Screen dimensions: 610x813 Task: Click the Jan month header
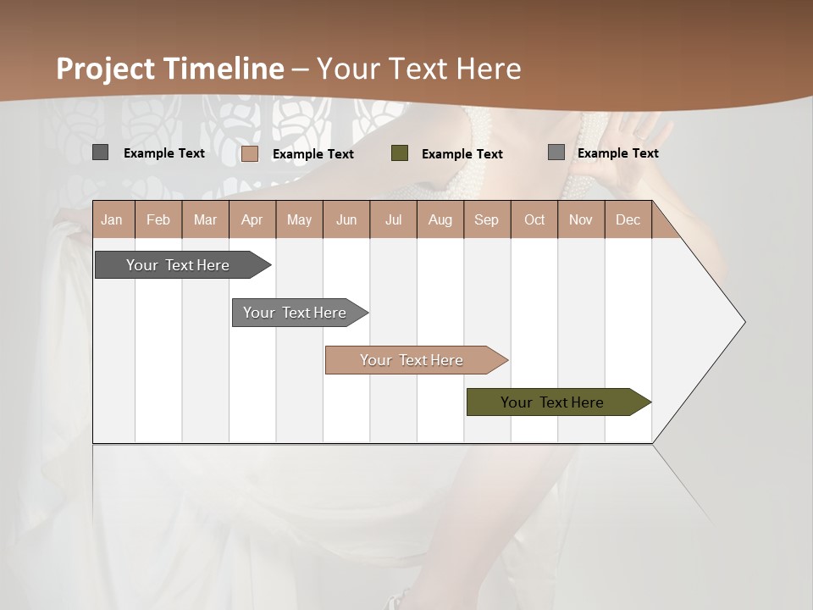click(112, 219)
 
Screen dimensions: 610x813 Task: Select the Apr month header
click(252, 219)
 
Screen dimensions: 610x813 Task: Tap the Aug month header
click(440, 219)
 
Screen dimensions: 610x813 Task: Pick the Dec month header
click(628, 219)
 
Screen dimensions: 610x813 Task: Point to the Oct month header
click(534, 219)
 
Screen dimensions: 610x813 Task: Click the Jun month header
click(346, 219)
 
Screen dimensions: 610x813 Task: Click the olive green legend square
click(400, 153)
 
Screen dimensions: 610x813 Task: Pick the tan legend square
click(250, 153)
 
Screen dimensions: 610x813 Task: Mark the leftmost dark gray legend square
click(100, 152)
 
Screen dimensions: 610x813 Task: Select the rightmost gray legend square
click(556, 152)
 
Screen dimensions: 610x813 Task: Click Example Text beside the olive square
click(462, 154)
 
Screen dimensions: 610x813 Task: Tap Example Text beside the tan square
click(312, 154)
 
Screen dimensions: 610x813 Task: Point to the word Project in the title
click(106, 69)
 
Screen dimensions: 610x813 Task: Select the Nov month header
click(581, 219)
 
